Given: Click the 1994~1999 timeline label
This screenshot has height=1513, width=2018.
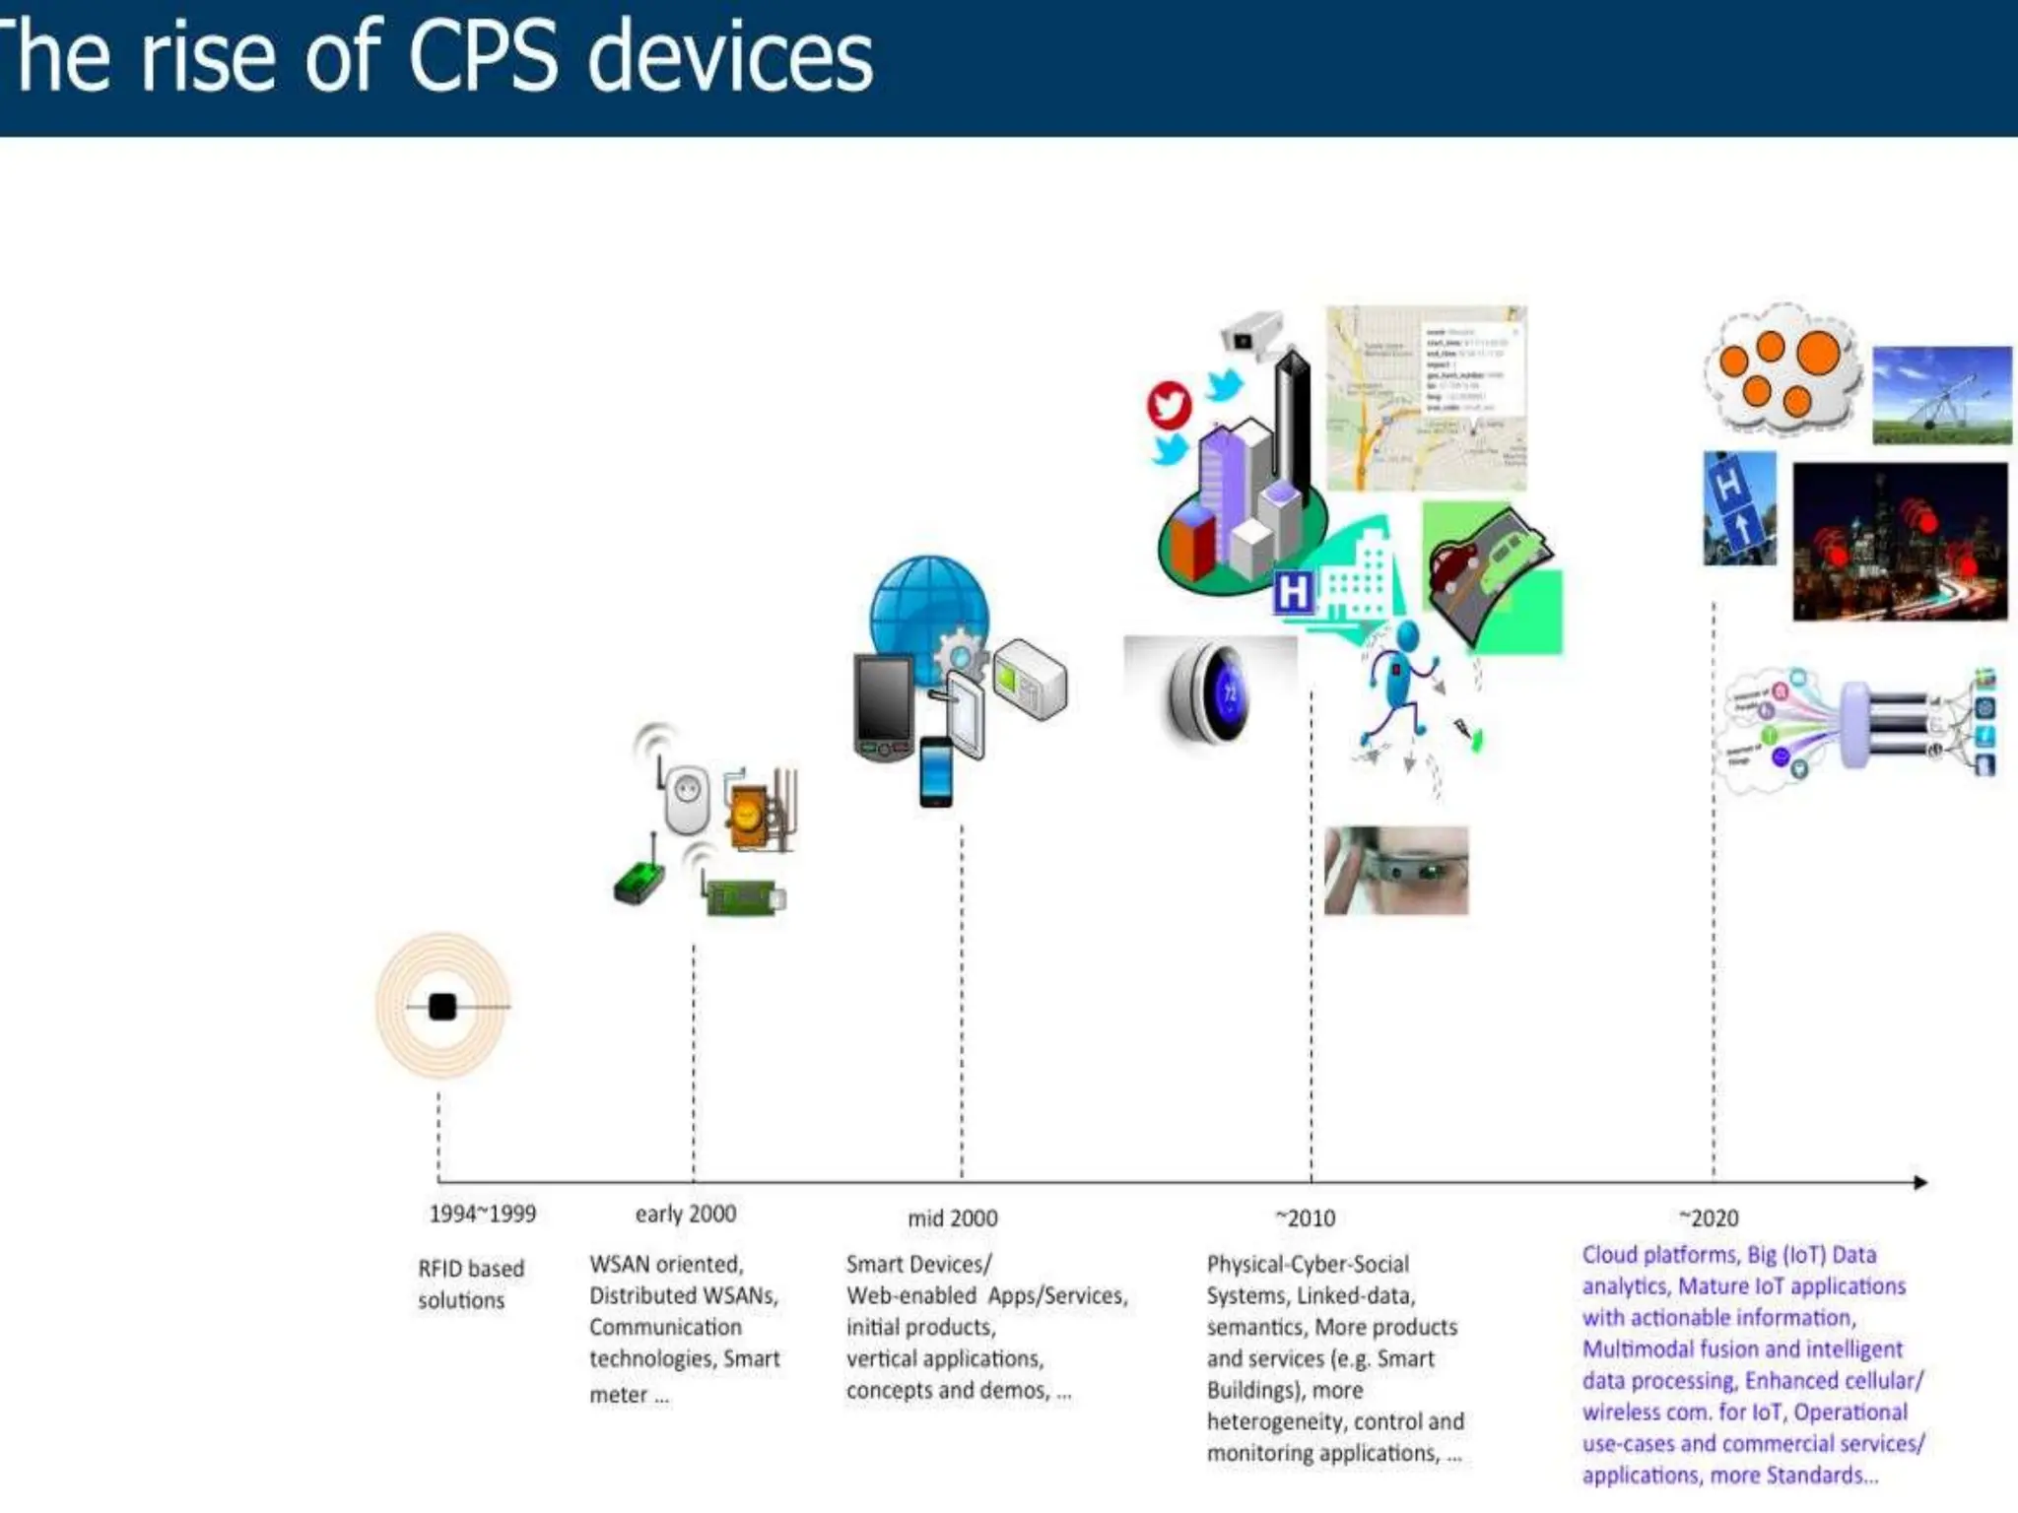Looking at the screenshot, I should click(482, 1214).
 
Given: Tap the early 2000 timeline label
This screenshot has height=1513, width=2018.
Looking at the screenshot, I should click(685, 1214).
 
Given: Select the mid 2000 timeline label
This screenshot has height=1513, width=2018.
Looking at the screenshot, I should click(952, 1218).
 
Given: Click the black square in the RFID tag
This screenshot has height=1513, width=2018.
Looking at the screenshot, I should click(442, 1007).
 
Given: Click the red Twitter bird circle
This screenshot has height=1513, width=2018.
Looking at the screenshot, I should click(1169, 405).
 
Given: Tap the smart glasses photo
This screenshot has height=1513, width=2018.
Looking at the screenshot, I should click(1395, 871).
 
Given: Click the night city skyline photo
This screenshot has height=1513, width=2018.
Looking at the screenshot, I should click(1899, 542).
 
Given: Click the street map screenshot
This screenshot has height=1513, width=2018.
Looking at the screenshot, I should click(1425, 398).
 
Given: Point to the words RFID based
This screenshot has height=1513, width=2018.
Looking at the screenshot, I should click(471, 1269).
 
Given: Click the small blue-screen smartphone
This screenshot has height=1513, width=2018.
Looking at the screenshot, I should click(935, 771).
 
